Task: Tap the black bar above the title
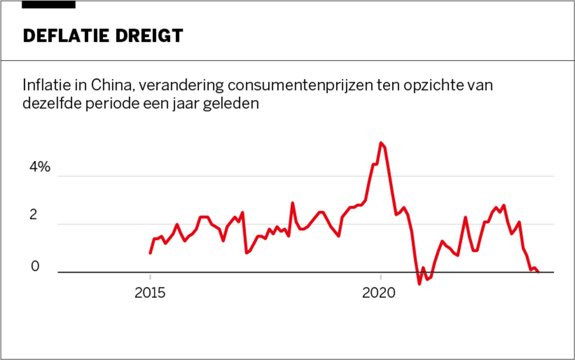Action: (x=49, y=5)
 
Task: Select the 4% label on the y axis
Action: (x=39, y=167)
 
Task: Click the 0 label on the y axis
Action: (x=35, y=267)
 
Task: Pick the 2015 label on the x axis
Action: (x=150, y=293)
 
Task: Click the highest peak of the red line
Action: (x=381, y=143)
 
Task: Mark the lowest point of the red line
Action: (x=419, y=283)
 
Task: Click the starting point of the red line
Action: (x=150, y=253)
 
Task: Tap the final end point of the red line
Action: (x=538, y=272)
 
